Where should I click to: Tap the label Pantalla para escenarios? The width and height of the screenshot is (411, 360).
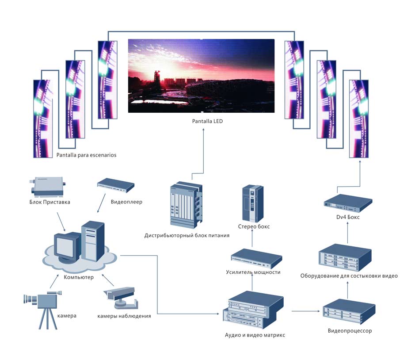pos(87,155)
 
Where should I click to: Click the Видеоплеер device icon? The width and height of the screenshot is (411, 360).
pos(115,185)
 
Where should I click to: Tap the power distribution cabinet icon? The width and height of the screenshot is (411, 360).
pos(186,204)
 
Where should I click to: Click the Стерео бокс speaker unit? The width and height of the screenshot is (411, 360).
pos(253,203)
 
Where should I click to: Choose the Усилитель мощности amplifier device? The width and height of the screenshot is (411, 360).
pos(257,258)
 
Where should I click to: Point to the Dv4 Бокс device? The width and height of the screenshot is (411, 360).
pos(348,202)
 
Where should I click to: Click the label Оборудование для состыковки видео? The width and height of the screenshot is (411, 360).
pos(349,276)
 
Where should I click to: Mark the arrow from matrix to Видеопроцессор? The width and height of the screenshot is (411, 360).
pos(305,311)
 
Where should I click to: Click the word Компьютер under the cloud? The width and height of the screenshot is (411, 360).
pos(79,277)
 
